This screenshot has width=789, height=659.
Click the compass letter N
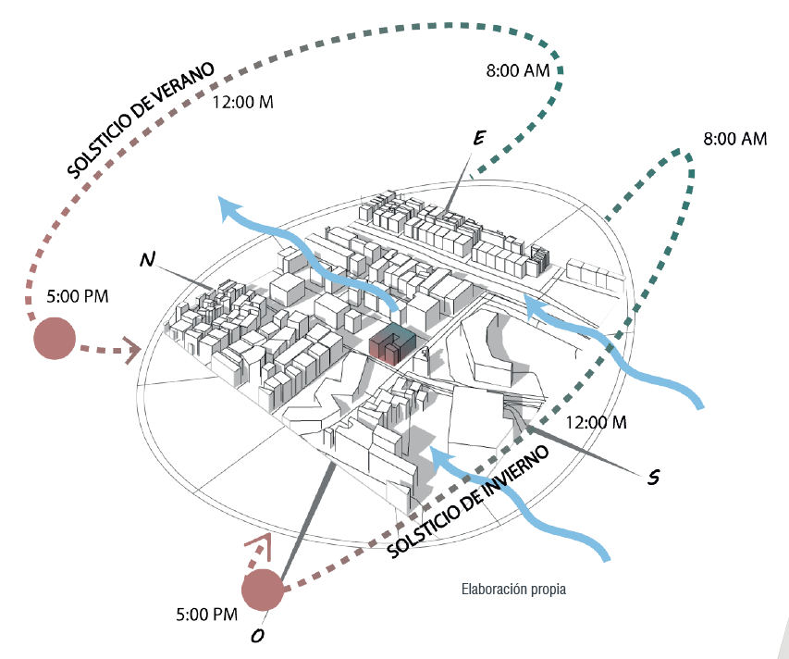point(147,259)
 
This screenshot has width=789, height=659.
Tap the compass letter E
point(479,138)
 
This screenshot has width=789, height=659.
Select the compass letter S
point(654,477)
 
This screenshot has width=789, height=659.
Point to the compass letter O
point(257,637)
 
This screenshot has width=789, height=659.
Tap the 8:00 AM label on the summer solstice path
point(518,70)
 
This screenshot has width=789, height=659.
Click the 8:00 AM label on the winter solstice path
point(735,139)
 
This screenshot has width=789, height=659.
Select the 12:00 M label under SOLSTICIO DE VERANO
point(243,102)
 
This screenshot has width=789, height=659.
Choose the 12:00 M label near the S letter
point(597,422)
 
